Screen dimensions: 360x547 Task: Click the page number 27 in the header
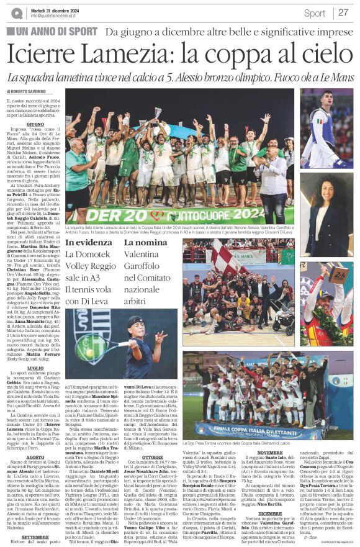[x=342, y=12]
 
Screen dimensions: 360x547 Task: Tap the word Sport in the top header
[x=314, y=13]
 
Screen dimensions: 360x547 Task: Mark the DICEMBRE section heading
[x=269, y=496]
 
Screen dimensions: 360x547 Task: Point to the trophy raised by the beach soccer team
[x=158, y=112]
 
